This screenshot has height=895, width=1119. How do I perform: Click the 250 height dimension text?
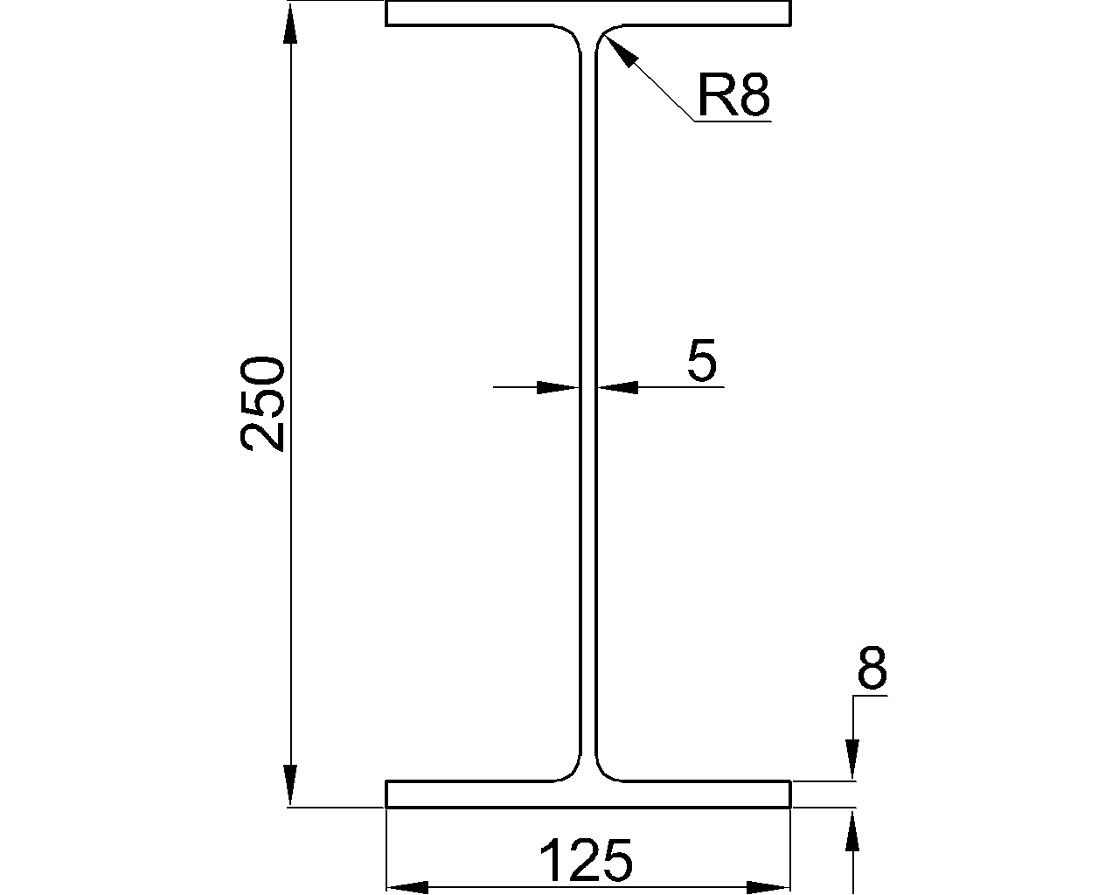(x=263, y=403)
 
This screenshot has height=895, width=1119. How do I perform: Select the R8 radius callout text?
(x=733, y=95)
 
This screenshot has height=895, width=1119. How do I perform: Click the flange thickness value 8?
(x=872, y=669)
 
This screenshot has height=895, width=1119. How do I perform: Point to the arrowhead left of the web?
(x=558, y=386)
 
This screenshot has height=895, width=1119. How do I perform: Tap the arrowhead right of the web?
(x=617, y=386)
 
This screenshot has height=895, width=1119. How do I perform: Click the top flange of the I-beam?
(x=587, y=13)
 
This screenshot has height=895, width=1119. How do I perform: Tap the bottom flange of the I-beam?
(x=587, y=794)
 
